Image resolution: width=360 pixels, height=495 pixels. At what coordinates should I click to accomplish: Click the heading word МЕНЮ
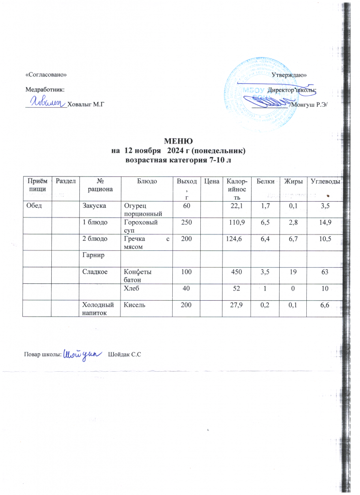179,141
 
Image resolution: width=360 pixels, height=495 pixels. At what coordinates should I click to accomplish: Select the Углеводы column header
325,181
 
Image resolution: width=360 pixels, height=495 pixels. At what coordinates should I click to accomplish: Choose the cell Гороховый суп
140,225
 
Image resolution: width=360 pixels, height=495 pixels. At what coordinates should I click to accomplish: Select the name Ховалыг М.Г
87,104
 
